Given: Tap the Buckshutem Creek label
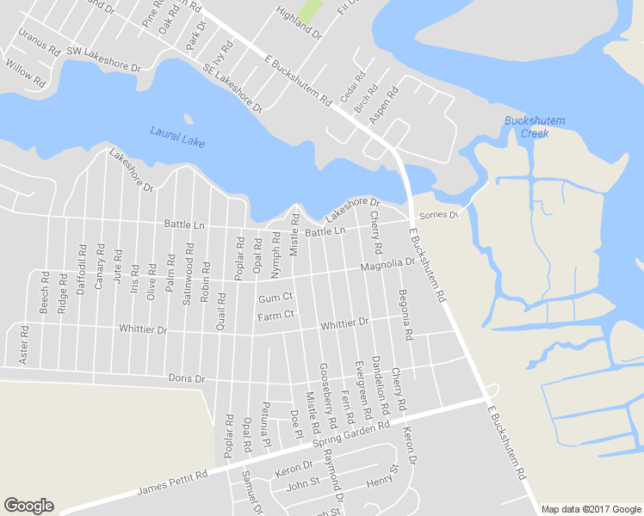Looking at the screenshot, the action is [534, 127].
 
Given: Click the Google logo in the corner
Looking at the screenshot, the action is [28, 506].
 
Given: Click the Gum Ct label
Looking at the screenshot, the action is [276, 298].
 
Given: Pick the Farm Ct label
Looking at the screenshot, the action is [276, 316].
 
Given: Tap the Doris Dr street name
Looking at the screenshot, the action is [187, 378].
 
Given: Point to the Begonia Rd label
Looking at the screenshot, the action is [406, 313].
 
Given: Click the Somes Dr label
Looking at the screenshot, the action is [437, 214].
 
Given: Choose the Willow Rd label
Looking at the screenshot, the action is [25, 73].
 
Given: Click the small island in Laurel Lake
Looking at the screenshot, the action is [189, 119].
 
